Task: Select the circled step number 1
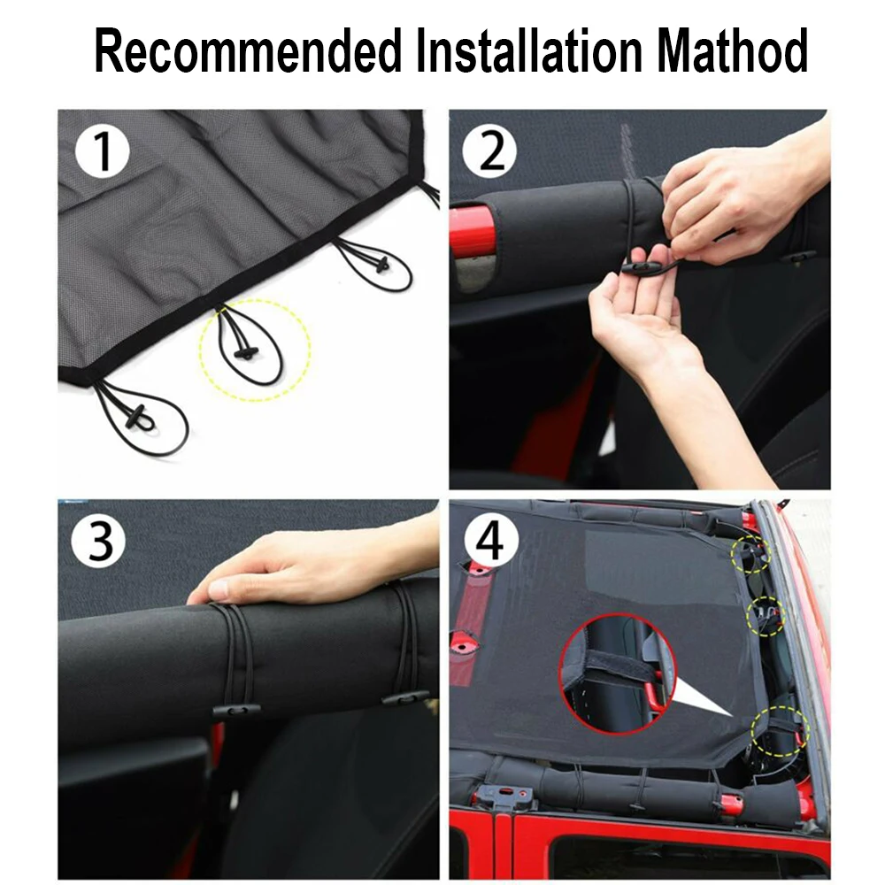(102, 151)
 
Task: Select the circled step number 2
(489, 151)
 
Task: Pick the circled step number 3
(99, 541)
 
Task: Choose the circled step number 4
(489, 541)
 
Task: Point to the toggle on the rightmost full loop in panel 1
(382, 263)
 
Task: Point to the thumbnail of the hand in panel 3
(219, 589)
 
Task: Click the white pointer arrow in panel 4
(703, 698)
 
